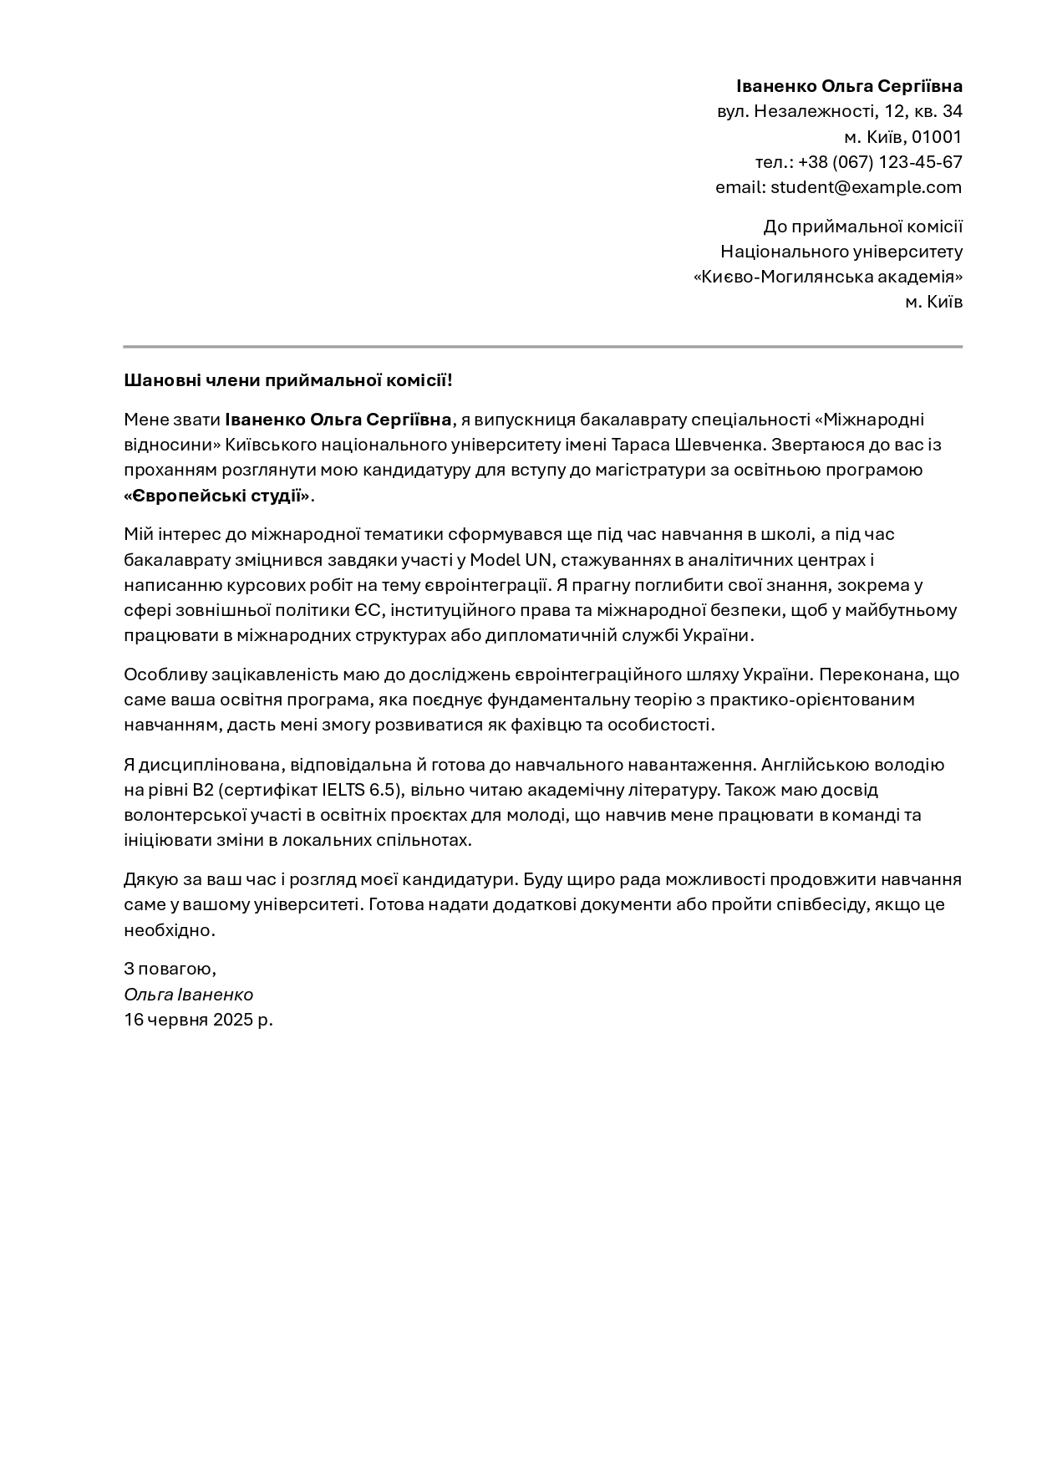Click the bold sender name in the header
(849, 86)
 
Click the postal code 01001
(937, 137)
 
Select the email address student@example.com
(866, 187)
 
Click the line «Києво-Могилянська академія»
(828, 277)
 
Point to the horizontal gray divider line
(542, 346)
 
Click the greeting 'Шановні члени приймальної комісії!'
(288, 381)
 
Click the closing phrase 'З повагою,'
(170, 969)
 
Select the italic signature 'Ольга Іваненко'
(188, 995)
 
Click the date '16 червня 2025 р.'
(198, 1020)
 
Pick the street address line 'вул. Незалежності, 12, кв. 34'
(839, 111)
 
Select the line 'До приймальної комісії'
(862, 227)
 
